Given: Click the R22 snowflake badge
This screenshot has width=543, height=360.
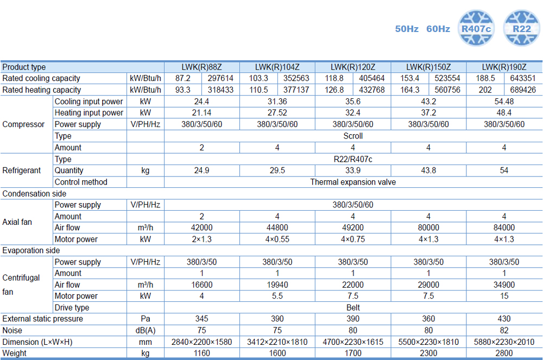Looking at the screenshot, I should pyautogui.click(x=522, y=28).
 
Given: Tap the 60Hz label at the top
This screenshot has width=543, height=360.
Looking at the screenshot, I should pyautogui.click(x=438, y=29).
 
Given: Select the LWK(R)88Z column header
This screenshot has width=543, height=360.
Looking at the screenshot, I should pyautogui.click(x=201, y=67).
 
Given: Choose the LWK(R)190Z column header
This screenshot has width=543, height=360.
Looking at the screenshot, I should pyautogui.click(x=504, y=67).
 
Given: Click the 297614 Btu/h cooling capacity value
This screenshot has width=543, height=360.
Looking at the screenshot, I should pyautogui.click(x=220, y=79).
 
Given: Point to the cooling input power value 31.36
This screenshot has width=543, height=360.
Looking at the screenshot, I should pyautogui.click(x=277, y=102).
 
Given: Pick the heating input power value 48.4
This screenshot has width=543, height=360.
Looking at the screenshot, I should pyautogui.click(x=504, y=113).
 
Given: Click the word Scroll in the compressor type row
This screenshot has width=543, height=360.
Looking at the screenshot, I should pyautogui.click(x=353, y=136).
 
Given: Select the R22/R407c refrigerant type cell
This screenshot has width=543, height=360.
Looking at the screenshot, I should pyautogui.click(x=353, y=159).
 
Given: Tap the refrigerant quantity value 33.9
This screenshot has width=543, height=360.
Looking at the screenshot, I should pyautogui.click(x=353, y=170).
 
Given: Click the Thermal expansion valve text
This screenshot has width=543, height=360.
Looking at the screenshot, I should pyautogui.click(x=353, y=182).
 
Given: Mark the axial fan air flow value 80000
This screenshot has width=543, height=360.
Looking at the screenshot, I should pyautogui.click(x=428, y=228).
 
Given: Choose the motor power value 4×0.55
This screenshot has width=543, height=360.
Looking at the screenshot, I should pyautogui.click(x=277, y=239).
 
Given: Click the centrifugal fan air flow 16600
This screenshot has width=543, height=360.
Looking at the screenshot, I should pyautogui.click(x=201, y=285).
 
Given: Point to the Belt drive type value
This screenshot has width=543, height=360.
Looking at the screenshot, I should pyautogui.click(x=353, y=307).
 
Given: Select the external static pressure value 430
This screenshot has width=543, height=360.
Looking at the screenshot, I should pyautogui.click(x=504, y=319).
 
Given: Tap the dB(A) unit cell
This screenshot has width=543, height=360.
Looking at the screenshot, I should pyautogui.click(x=145, y=330).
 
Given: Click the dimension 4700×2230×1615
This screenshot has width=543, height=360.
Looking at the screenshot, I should pyautogui.click(x=353, y=342).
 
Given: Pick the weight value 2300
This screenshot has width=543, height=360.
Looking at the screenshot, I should pyautogui.click(x=428, y=353).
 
